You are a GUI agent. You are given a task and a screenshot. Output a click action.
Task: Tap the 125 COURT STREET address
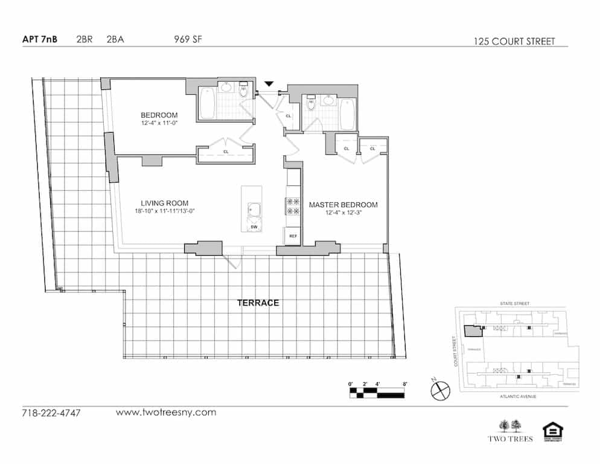514,42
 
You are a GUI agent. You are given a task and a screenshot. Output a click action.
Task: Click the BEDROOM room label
159,115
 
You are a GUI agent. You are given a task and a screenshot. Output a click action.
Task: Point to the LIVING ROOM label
165,203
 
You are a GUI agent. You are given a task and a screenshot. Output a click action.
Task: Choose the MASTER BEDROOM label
343,205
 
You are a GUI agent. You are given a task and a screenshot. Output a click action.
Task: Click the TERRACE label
258,303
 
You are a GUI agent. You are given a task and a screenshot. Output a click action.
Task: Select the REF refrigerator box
293,236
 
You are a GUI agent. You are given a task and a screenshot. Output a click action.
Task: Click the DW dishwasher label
254,226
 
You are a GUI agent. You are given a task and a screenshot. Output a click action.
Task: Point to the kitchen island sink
254,210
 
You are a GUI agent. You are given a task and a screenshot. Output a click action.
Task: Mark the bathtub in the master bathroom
348,113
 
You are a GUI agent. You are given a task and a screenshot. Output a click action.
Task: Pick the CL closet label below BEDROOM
226,152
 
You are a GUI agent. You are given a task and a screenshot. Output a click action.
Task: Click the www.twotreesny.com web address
165,413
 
